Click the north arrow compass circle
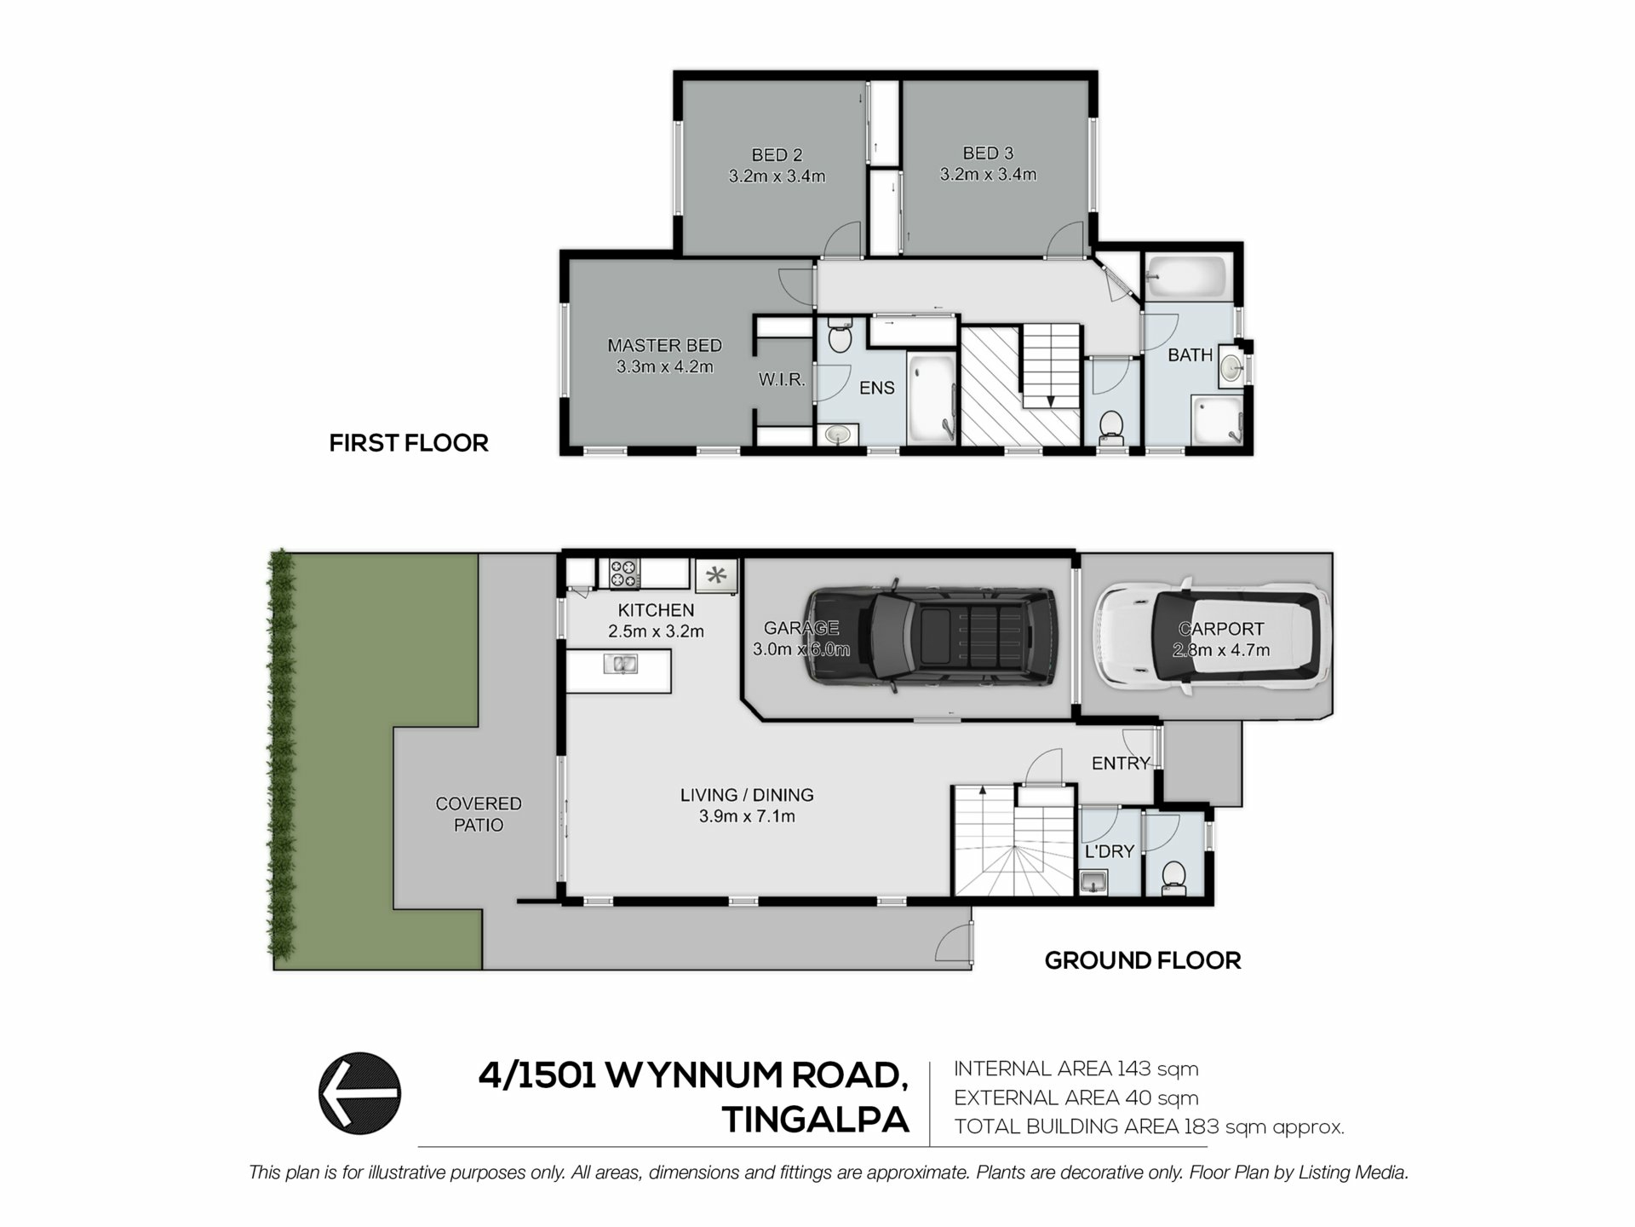[359, 1093]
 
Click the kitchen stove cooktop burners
[624, 573]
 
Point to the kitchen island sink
[621, 664]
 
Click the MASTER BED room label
[664, 345]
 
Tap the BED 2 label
[777, 155]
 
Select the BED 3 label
[988, 153]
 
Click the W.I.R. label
[782, 379]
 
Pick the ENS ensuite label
[877, 388]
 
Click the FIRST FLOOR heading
[409, 443]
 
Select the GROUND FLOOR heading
[1143, 960]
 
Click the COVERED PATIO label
[479, 814]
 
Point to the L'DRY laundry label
[1109, 851]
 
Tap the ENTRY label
[1121, 763]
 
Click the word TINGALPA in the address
[816, 1120]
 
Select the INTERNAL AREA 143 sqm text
[1076, 1069]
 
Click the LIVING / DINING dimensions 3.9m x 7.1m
[747, 816]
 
